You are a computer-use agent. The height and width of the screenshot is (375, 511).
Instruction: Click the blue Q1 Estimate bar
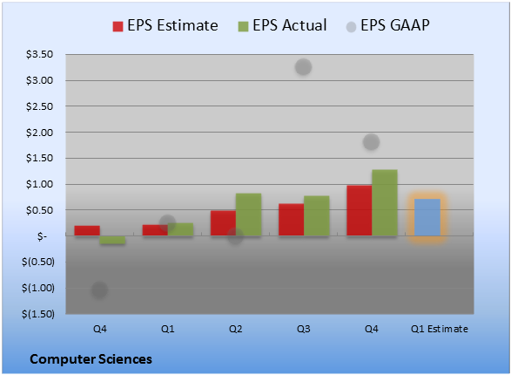tap(427, 217)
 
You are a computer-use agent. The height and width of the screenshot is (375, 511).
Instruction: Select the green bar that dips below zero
tap(112, 240)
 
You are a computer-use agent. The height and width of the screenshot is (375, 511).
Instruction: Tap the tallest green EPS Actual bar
tap(385, 202)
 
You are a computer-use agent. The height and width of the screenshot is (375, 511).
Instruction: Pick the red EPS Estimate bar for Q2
tap(223, 223)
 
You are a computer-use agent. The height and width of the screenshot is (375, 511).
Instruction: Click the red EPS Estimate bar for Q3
tap(291, 219)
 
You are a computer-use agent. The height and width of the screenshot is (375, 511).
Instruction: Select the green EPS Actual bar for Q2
tap(248, 215)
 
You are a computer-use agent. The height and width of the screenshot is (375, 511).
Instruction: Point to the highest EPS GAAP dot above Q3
tap(304, 67)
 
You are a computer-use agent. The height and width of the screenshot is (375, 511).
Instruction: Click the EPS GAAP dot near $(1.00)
tap(99, 290)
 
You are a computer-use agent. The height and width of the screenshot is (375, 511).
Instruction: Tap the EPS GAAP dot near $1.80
tap(371, 142)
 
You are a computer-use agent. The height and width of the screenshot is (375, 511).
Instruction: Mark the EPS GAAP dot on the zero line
tap(235, 236)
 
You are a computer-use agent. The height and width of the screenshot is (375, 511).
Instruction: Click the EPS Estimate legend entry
tap(165, 25)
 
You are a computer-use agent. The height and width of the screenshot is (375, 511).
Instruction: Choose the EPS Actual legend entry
tap(282, 25)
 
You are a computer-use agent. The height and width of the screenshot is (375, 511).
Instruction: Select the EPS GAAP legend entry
tap(387, 25)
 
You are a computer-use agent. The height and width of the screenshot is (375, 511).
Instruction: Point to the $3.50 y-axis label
tap(39, 54)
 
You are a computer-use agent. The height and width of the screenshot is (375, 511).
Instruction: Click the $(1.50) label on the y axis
tap(38, 314)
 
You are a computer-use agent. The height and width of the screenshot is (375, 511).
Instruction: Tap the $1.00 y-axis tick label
tap(39, 184)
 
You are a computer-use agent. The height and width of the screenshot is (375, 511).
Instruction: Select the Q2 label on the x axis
tap(235, 329)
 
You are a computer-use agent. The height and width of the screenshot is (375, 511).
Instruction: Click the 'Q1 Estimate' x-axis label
tap(440, 329)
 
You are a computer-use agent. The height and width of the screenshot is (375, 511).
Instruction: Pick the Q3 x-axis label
tap(304, 329)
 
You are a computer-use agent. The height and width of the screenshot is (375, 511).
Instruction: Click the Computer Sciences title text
tap(91, 359)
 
